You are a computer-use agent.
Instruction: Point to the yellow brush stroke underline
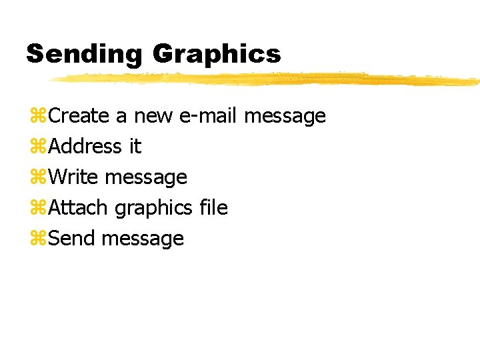[267, 79]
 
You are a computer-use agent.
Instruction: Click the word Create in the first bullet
[79, 116]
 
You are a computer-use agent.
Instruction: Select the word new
[154, 117]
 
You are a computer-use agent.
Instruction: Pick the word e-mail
[209, 116]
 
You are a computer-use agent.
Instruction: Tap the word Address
[85, 147]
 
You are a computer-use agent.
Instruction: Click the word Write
[75, 177]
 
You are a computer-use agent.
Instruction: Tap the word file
[213, 208]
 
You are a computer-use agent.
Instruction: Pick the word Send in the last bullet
[73, 239]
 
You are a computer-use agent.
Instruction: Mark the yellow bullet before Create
[38, 117]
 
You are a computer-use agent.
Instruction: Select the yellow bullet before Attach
[38, 209]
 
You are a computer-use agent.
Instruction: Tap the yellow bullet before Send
[38, 239]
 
